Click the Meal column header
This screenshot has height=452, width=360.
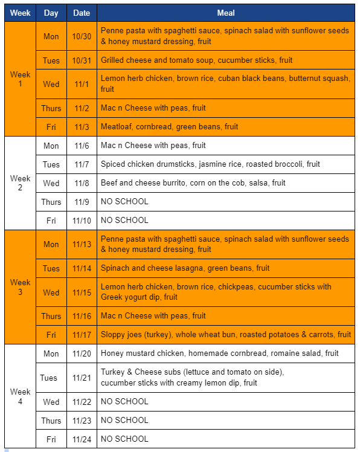[225, 13]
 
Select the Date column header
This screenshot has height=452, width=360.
[82, 13]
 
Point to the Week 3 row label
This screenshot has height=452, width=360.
[20, 287]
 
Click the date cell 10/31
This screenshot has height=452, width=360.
[82, 60]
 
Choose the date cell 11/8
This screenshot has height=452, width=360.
[82, 183]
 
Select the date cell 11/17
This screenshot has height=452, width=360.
[82, 335]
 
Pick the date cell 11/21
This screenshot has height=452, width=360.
[82, 378]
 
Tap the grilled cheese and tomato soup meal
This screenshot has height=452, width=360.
[196, 60]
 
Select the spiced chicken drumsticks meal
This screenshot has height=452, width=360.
[210, 164]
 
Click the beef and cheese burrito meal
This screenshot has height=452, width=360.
[193, 183]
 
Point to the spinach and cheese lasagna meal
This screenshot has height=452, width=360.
[185, 268]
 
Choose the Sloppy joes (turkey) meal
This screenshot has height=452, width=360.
[225, 335]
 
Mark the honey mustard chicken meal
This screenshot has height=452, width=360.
[220, 354]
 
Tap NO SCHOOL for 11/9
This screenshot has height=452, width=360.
[124, 202]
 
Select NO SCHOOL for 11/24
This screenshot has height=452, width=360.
[124, 439]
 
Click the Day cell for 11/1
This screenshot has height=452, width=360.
[51, 84]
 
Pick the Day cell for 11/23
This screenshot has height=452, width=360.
[51, 421]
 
